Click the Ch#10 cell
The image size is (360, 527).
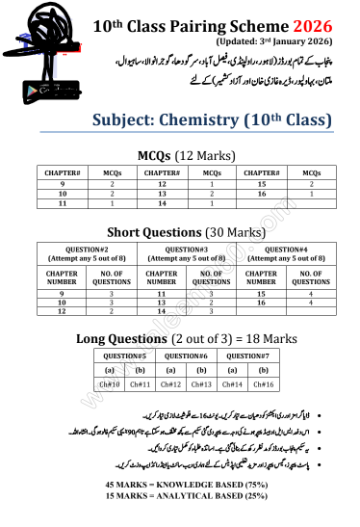pyautogui.click(x=110, y=384)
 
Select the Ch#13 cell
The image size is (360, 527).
pyautogui.click(x=200, y=384)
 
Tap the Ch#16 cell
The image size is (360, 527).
pyautogui.click(x=264, y=384)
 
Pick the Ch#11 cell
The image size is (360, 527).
pyautogui.click(x=141, y=384)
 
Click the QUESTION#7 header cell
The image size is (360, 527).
pyautogui.click(x=248, y=355)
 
